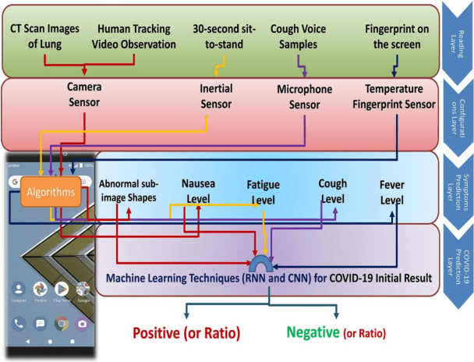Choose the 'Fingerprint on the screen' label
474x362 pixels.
pos(396,35)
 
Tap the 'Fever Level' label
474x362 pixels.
pos(392,191)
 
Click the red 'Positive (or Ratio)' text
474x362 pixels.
pos(185,332)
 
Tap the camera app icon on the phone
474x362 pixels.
pos(81,322)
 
